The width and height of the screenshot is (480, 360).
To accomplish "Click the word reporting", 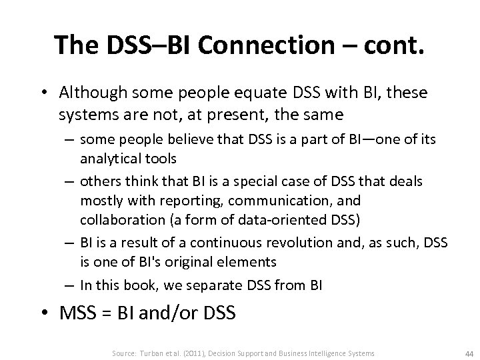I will point(153,199).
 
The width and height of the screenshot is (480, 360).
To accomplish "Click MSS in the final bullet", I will point(77,311).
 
